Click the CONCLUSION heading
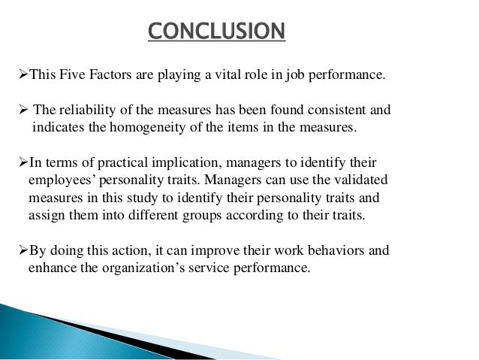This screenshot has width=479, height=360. [x=215, y=32]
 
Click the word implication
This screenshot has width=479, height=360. [x=179, y=163]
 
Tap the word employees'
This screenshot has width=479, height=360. [x=60, y=181]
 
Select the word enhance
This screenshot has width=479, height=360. [x=50, y=268]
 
